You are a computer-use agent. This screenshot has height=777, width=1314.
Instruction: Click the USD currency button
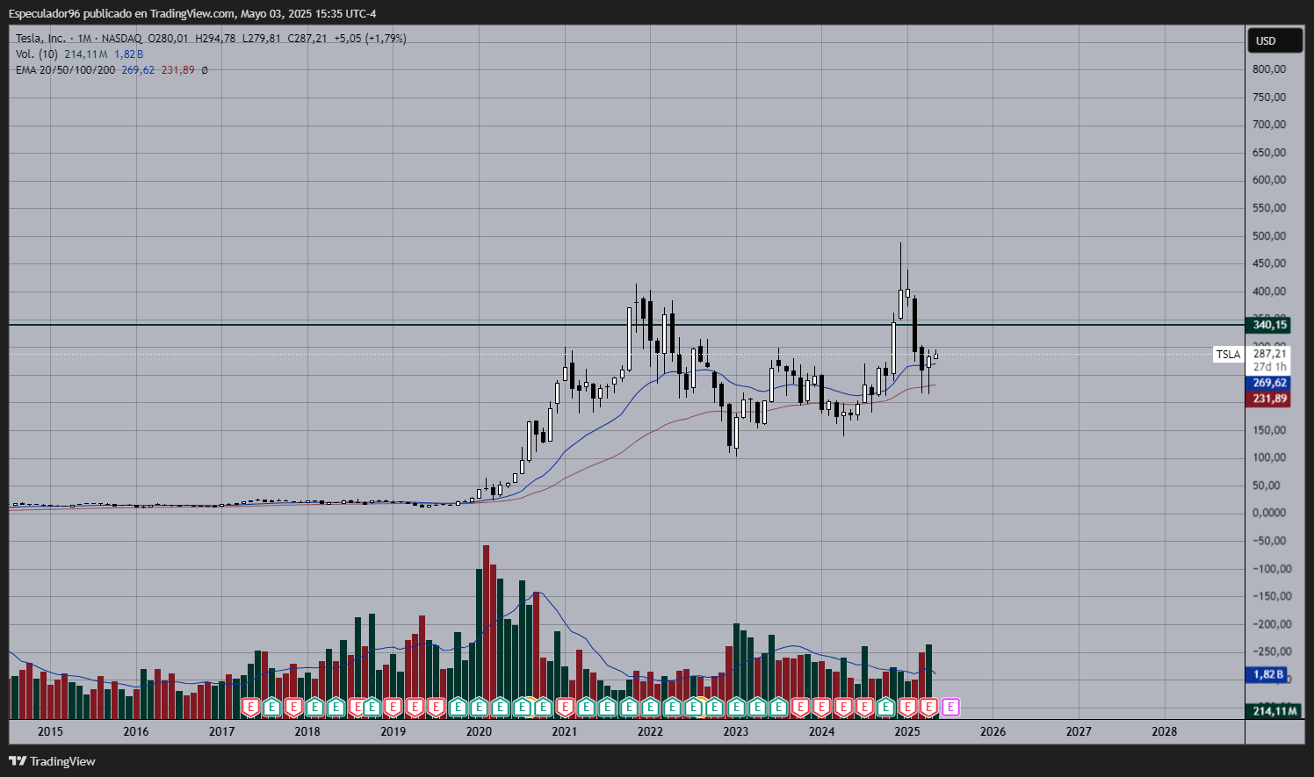tap(1265, 41)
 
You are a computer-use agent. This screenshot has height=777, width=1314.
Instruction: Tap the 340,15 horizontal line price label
tap(1269, 325)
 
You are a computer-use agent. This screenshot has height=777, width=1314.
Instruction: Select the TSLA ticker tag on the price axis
tap(1228, 355)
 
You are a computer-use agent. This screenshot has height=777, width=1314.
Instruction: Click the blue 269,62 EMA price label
tap(1269, 383)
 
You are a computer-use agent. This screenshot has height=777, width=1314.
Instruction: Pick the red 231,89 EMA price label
tap(1269, 399)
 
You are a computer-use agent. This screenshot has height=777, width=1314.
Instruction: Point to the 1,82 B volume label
tap(1267, 674)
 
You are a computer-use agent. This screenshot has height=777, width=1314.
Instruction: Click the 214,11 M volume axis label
tap(1274, 711)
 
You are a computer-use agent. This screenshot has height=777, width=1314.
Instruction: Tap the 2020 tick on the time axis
tap(479, 731)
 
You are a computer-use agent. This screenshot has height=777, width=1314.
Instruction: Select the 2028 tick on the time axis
tap(1164, 731)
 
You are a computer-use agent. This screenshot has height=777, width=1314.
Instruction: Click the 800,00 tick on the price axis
tap(1269, 69)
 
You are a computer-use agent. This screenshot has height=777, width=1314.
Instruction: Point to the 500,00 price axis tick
tap(1269, 236)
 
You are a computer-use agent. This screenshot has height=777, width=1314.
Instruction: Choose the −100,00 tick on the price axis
tap(1269, 569)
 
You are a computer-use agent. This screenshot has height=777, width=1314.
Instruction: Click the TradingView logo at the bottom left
tap(52, 761)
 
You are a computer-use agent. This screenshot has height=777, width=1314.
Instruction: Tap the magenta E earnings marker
tap(950, 707)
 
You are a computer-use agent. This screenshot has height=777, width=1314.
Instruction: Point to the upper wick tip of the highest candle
tap(900, 243)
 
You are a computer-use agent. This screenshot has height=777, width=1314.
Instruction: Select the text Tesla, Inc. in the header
tap(40, 39)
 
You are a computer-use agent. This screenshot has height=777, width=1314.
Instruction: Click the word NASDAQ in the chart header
tap(121, 39)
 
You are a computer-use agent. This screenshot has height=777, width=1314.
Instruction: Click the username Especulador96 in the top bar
tap(44, 13)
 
